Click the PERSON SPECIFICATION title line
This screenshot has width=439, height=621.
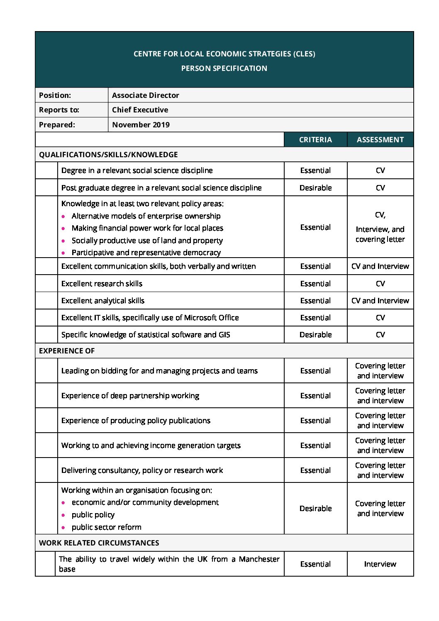coord(224,68)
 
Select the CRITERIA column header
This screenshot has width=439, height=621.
coord(315,140)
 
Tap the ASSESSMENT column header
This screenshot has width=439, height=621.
coord(380,140)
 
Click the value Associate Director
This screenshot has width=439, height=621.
coord(145,95)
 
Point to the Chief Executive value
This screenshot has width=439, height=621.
coord(140,110)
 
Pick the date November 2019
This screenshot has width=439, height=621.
coord(141,125)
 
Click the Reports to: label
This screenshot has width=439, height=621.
coord(59,110)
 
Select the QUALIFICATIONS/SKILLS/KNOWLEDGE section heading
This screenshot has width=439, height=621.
coord(108,155)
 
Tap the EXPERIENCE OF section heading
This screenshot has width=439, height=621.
coord(67,351)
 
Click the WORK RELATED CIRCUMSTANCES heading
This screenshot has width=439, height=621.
coord(99,543)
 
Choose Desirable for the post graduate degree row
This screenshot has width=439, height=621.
coord(315,188)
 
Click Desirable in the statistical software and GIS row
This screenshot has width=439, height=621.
coord(315,335)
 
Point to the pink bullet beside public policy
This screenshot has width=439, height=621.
coord(63,515)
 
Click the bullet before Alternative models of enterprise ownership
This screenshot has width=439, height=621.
coord(63,217)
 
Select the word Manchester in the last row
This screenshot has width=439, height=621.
coord(259,559)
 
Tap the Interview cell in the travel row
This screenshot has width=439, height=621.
coord(380,564)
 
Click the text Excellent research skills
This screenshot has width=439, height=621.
coord(102,284)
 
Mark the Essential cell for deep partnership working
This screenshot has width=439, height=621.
coord(315,396)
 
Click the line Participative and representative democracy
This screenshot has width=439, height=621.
coord(146,253)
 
